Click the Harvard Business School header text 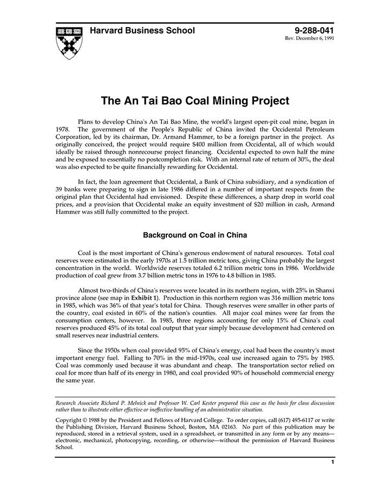click(x=142, y=30)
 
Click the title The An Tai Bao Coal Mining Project click(x=195, y=101)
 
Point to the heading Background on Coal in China click(x=195, y=235)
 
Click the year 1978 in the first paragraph click(x=63, y=130)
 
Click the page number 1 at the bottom click(x=332, y=462)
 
